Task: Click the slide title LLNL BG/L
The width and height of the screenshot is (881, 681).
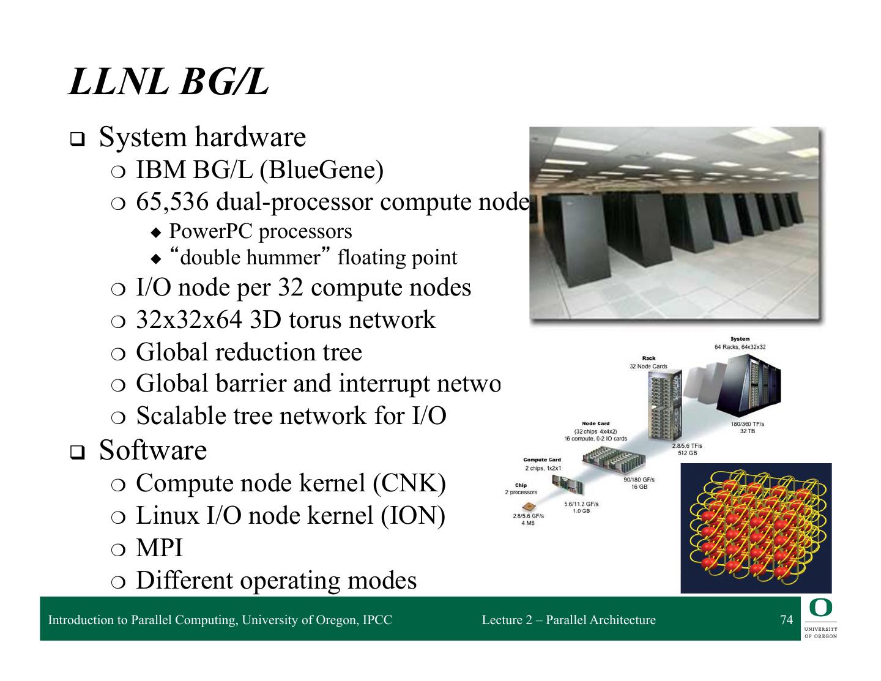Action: [168, 82]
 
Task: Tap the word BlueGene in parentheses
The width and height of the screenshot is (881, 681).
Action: [322, 169]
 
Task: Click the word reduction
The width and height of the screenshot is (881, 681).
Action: [265, 352]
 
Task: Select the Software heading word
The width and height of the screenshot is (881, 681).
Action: [153, 450]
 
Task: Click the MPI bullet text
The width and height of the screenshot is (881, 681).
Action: [159, 548]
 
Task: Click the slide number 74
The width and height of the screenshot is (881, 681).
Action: [786, 620]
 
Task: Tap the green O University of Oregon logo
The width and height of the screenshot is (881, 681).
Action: [820, 618]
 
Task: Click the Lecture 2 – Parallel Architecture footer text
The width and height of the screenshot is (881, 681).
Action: [568, 620]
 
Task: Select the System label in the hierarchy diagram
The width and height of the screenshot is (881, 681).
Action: [740, 339]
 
